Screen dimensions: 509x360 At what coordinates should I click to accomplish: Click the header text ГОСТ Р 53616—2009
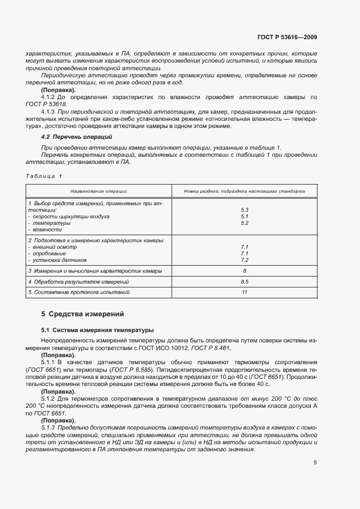click(287, 37)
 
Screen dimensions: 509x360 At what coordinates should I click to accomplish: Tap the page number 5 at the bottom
click(315, 463)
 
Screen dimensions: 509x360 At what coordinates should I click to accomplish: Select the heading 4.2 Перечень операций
click(73, 136)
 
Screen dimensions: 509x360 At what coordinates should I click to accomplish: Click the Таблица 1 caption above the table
click(44, 176)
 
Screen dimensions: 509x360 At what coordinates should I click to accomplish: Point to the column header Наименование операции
click(99, 192)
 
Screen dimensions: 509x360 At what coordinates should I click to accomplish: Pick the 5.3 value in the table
click(244, 210)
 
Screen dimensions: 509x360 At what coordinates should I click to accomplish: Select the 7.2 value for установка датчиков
click(244, 260)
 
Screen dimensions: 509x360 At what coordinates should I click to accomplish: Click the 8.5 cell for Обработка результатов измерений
click(244, 281)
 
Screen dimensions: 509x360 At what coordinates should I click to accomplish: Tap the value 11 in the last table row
click(244, 292)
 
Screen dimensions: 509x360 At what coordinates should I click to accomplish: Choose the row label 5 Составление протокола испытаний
click(79, 292)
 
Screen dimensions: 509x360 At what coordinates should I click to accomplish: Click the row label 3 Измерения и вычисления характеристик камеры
click(95, 271)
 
